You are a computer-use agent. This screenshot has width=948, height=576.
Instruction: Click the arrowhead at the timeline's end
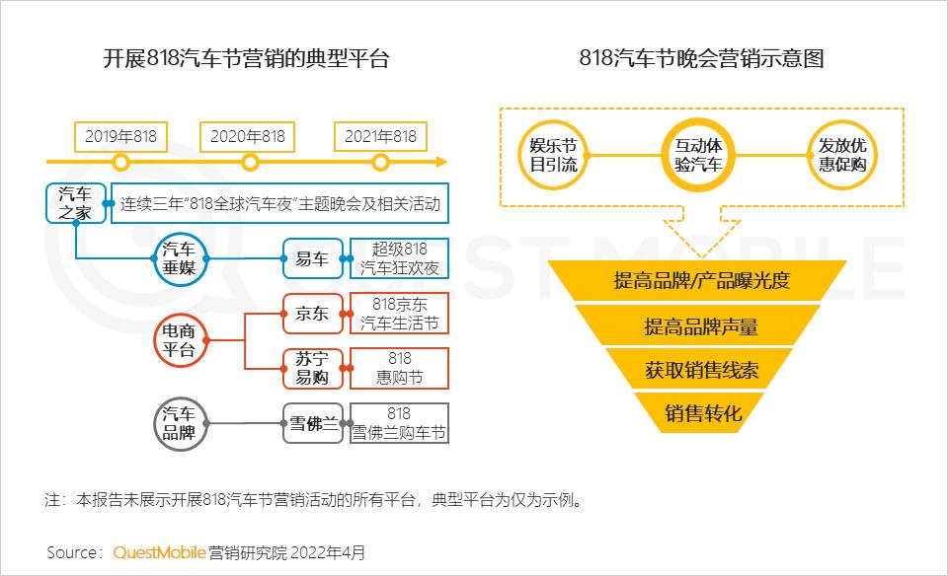[x=442, y=162]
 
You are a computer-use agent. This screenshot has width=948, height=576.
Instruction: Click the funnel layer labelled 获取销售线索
[x=701, y=369]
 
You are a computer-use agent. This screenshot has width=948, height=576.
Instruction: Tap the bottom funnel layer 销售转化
[x=702, y=413]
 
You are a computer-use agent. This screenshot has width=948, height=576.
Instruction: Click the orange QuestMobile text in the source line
[x=160, y=552]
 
